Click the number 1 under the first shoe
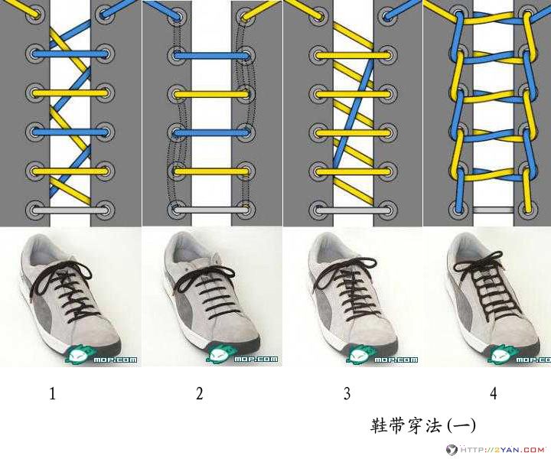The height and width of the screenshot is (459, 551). point(52,394)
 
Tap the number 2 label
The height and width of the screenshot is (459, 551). point(200,394)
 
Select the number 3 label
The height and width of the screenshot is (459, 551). point(347,394)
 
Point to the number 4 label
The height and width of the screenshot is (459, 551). point(494,394)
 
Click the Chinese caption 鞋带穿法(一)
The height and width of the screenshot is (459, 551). point(423,425)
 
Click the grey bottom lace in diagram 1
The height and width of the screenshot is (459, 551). point(70,210)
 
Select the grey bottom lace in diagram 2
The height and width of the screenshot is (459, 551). point(212,210)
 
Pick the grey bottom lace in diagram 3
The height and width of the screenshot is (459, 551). point(354,210)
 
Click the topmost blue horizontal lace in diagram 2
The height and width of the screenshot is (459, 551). point(212,56)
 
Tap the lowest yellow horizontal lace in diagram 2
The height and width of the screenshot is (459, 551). point(212,171)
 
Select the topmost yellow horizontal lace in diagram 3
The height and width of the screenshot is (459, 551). point(354,56)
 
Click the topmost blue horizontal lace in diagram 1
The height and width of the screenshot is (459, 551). point(70,54)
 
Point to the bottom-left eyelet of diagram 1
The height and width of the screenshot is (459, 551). point(36,210)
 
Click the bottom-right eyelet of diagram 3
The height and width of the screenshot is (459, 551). point(388,210)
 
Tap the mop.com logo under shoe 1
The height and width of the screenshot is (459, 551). point(101,355)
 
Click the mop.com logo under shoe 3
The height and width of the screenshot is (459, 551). point(382,355)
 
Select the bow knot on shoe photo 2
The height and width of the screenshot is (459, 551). point(204,278)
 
